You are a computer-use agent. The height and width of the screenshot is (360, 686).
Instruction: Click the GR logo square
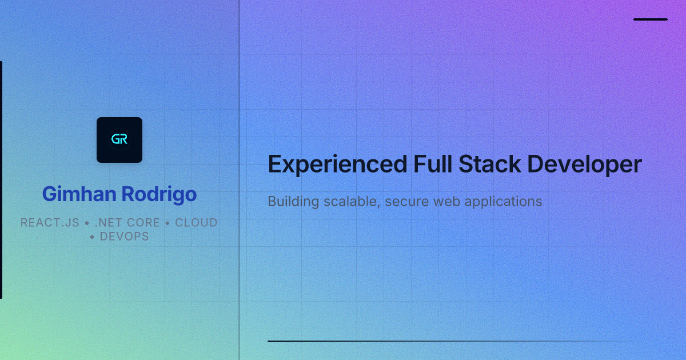pos(119,140)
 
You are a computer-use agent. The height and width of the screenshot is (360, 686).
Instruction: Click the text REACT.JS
pos(50,223)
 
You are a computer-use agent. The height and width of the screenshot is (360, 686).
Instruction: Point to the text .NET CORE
pos(127,223)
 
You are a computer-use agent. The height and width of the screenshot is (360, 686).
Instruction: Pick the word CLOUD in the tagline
pos(196,223)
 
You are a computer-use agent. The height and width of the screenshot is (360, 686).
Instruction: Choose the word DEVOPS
pos(124,237)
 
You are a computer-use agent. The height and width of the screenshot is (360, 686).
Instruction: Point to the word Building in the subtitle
pos(291,202)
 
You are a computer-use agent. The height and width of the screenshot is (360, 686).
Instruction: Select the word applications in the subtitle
pos(503,202)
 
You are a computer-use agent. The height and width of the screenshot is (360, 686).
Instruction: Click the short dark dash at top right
pos(651,19)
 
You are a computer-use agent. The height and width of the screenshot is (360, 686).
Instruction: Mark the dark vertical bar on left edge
pos(1,180)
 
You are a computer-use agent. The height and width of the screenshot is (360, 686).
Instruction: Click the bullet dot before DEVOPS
pos(93,237)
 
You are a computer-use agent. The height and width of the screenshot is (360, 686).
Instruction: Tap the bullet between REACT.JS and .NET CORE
pos(87,223)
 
